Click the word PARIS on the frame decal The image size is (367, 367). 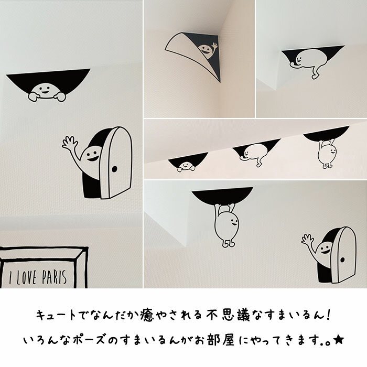pyautogui.click(x=55, y=277)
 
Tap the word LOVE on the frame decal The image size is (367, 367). pyautogui.click(x=26, y=278)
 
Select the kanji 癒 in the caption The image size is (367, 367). pyautogui.click(x=147, y=315)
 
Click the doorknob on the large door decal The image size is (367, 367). pyautogui.click(x=114, y=169)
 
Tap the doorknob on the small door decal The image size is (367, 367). pyautogui.click(x=342, y=260)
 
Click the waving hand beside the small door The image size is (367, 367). pyautogui.click(x=307, y=240)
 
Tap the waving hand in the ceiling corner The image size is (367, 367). pyautogui.click(x=214, y=46)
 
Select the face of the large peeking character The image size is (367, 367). pyautogui.click(x=44, y=90)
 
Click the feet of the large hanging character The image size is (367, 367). pyautogui.click(x=228, y=244)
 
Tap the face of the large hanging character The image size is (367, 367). pyautogui.click(x=234, y=222)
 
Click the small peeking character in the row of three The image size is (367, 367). pyautogui.click(x=186, y=167)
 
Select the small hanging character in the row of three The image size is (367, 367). pyautogui.click(x=327, y=153)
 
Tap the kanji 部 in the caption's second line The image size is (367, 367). pyautogui.click(x=214, y=340)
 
